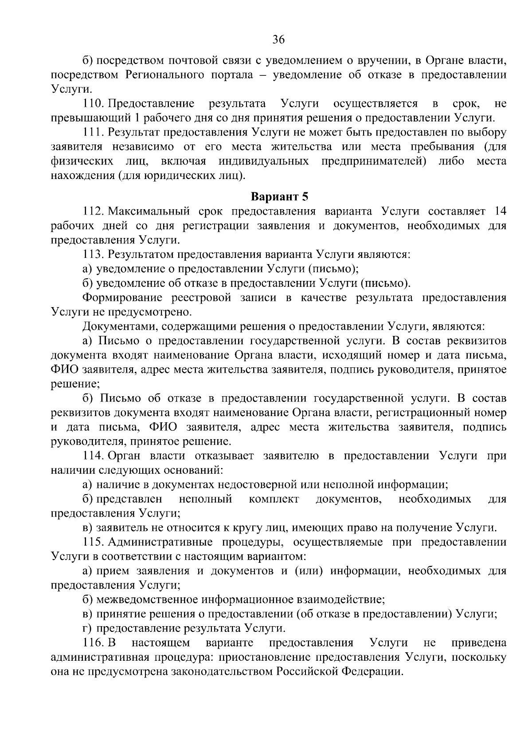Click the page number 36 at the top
(x=278, y=40)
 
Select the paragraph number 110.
(x=93, y=104)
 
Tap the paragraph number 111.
(x=93, y=132)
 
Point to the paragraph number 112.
(x=93, y=211)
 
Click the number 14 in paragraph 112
(x=500, y=211)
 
